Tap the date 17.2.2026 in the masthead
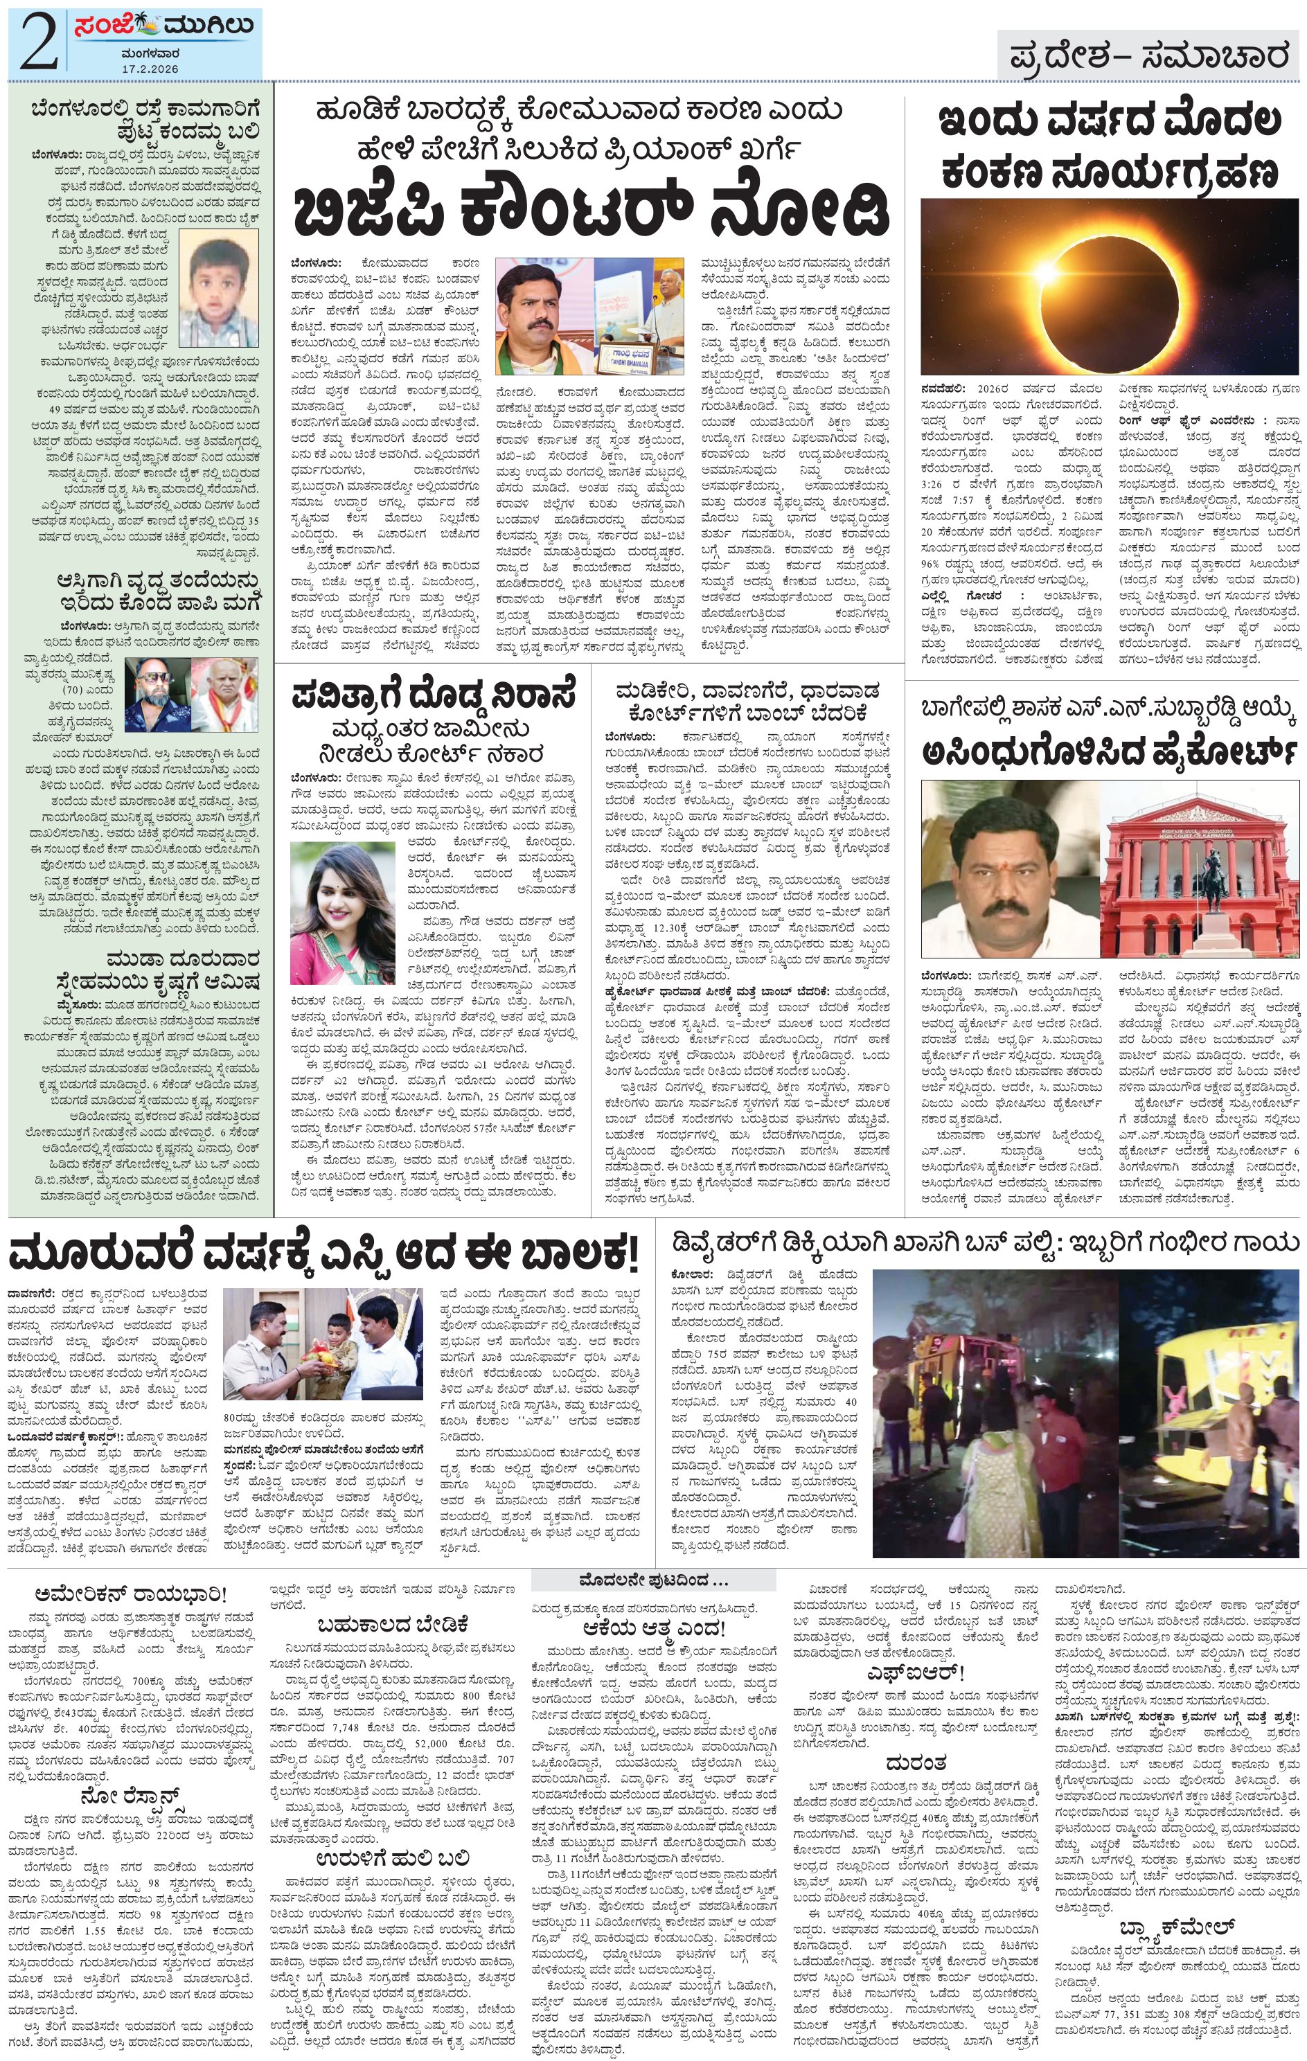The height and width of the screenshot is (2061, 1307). pyautogui.click(x=149, y=68)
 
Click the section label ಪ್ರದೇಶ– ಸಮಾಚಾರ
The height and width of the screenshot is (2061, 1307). pyautogui.click(x=1148, y=57)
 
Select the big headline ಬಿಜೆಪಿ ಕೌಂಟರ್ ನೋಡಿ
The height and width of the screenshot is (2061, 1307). pyautogui.click(x=591, y=211)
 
